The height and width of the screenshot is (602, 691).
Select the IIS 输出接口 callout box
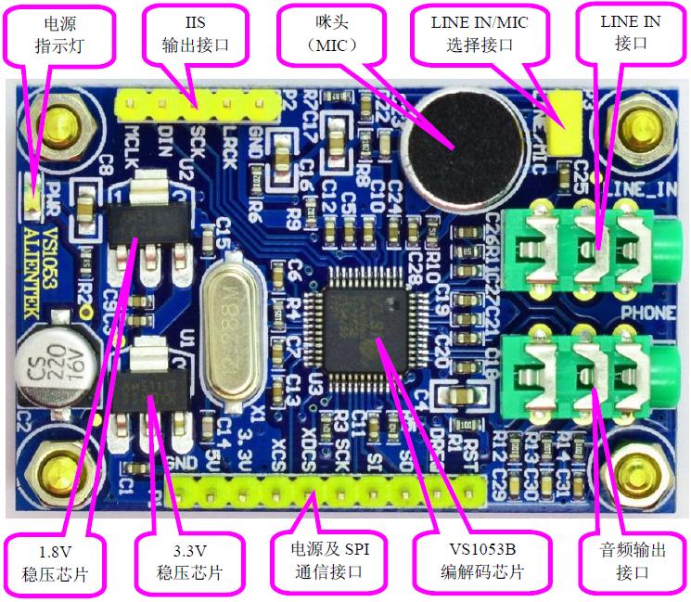click(194, 32)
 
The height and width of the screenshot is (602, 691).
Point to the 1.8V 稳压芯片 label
click(55, 562)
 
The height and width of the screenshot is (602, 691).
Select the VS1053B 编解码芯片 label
click(481, 562)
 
